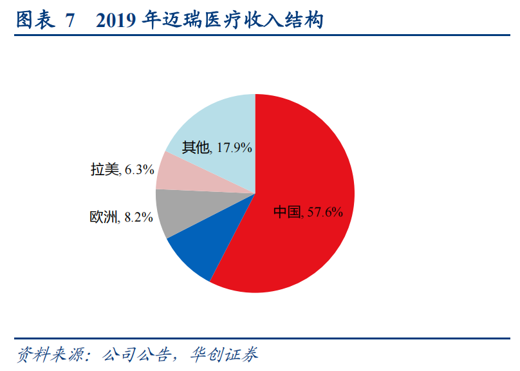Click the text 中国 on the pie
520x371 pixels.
point(287,211)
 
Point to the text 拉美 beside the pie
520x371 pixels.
point(105,170)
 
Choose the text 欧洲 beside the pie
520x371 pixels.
point(104,217)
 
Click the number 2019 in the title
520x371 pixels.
point(118,21)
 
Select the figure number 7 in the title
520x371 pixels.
point(70,21)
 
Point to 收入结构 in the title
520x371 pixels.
point(292,21)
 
